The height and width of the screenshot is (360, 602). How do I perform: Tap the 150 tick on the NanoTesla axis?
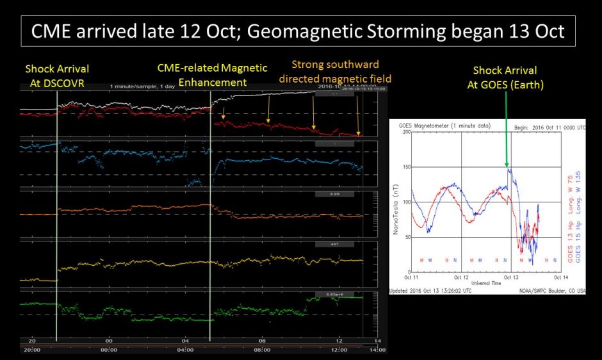[x=407, y=167]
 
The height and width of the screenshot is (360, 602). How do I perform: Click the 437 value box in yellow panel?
[x=335, y=244]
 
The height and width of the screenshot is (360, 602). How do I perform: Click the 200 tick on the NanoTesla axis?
[x=407, y=132]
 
